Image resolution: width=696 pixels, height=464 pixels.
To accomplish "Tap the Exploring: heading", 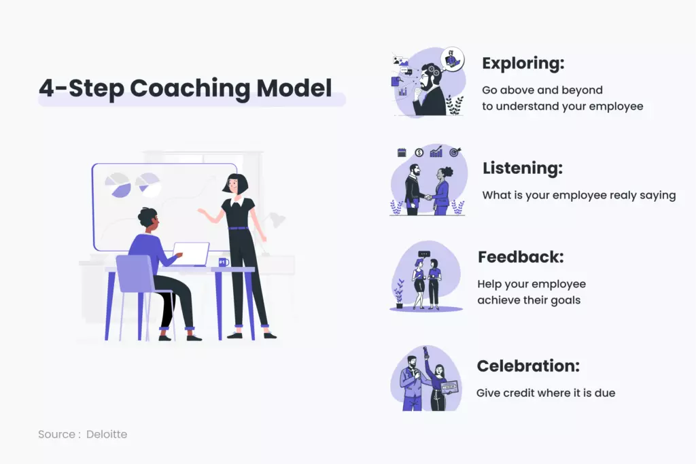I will click(523, 64).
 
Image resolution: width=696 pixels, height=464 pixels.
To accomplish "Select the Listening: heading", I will click(523, 168).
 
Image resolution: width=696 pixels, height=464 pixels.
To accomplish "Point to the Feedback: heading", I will click(521, 257).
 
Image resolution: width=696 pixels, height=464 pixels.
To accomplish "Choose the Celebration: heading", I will click(528, 366).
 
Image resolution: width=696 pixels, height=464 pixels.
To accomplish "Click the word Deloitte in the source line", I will click(107, 434).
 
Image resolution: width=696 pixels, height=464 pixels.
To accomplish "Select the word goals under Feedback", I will click(565, 300).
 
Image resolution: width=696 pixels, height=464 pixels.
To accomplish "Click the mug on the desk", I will click(223, 262).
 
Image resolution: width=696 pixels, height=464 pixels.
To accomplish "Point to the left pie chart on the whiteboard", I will click(118, 185).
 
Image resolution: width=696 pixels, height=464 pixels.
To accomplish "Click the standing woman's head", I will click(237, 184).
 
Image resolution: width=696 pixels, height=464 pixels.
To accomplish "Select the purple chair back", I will click(135, 272).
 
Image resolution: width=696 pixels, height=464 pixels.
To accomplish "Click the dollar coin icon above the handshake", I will click(419, 152).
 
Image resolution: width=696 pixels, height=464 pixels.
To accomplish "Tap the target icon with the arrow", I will click(453, 151).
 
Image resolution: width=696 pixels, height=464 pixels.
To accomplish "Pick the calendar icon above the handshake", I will click(401, 152).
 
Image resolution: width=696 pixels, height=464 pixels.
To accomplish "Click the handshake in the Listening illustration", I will click(428, 198).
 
